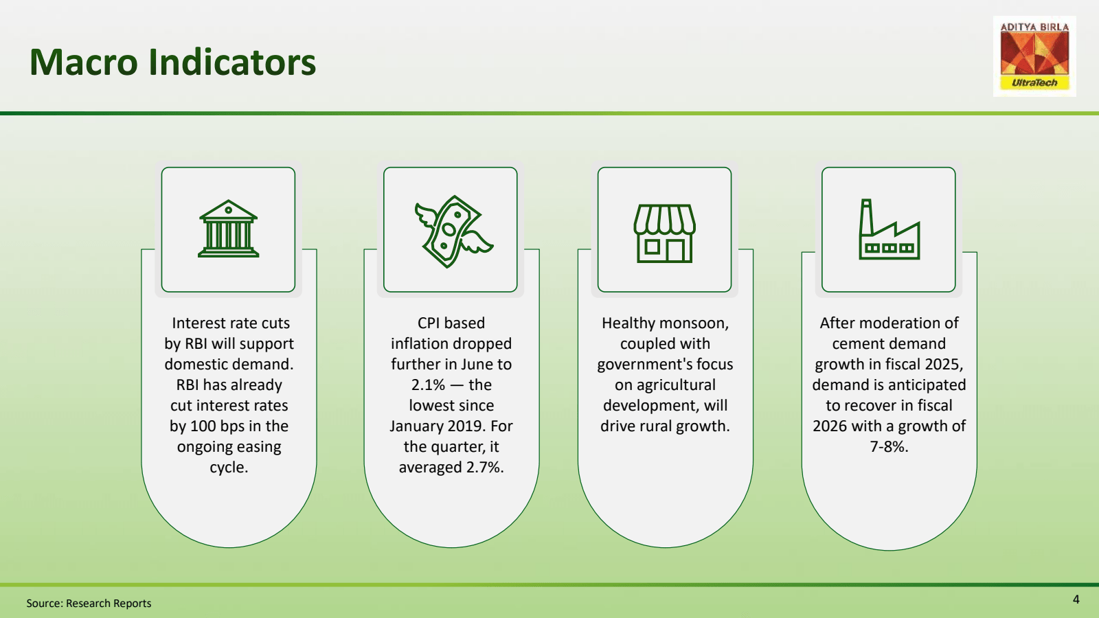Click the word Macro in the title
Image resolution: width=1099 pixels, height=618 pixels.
[x=83, y=62]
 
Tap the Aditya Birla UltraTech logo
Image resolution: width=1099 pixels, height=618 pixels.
[x=1034, y=56]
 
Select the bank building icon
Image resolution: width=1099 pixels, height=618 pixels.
[x=228, y=229]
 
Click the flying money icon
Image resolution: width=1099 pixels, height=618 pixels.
[x=453, y=231]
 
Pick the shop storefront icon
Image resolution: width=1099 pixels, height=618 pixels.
[x=664, y=233]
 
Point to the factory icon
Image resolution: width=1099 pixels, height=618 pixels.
[x=889, y=229]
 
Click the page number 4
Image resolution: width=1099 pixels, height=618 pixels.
[x=1076, y=599]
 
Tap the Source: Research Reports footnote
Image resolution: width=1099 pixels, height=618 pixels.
[x=89, y=604]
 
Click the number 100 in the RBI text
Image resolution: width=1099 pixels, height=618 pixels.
[x=203, y=426]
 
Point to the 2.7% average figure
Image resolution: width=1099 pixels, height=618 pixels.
[x=485, y=467]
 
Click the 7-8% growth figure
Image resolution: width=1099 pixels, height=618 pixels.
[x=889, y=446]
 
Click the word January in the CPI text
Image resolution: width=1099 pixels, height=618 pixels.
[x=418, y=426]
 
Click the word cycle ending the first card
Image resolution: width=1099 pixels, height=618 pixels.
[x=229, y=468]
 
